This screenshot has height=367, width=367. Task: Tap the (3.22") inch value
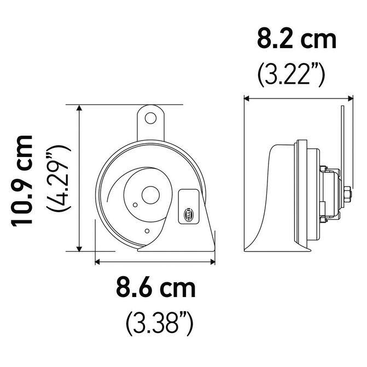pos(291,75)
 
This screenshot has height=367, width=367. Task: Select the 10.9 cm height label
pos(21,180)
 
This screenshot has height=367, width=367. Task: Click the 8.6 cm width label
pos(156,287)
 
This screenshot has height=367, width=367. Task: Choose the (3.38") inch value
pos(160,323)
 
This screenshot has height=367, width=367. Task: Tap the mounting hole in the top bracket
pos(150,118)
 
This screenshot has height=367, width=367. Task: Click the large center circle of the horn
pos(150,195)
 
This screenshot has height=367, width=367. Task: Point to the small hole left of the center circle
pos(135,205)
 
